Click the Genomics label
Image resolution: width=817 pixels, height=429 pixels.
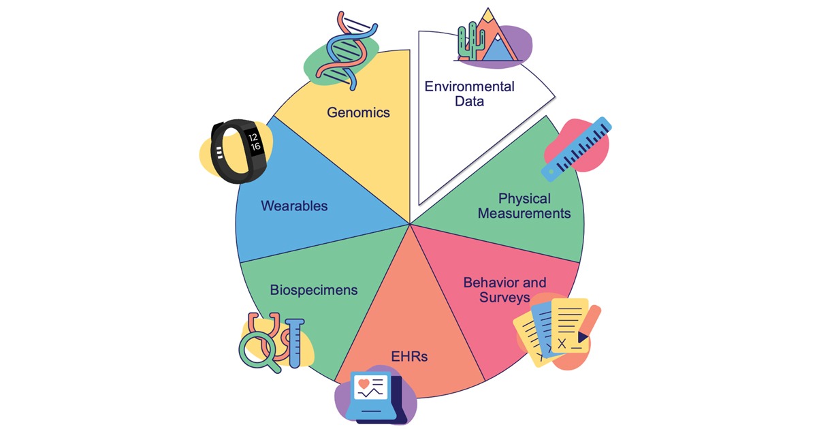358,112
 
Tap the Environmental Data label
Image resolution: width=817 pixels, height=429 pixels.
469,94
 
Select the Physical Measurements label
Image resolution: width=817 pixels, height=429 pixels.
524,206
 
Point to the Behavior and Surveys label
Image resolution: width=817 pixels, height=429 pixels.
504,289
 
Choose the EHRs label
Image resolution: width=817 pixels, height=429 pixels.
409,355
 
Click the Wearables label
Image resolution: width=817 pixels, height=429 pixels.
294,205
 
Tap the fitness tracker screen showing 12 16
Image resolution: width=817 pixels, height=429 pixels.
253,141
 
